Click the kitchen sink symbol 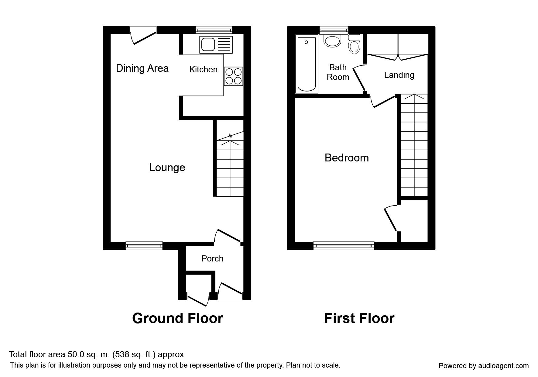coord(216,44)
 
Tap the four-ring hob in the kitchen coord(234,76)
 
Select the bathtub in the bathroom coord(307,64)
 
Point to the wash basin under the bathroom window coord(332,41)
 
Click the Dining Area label coord(142,68)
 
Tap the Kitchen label coord(203,70)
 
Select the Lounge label coord(167,168)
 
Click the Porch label coord(212,258)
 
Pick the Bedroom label coord(347,158)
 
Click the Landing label coord(399,75)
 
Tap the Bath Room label coord(338,72)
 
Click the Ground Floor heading coord(178,318)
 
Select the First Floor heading coord(359,318)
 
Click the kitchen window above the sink coord(214,30)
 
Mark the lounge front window coord(144,246)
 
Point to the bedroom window coord(344,246)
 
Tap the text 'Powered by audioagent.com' coord(484,366)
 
